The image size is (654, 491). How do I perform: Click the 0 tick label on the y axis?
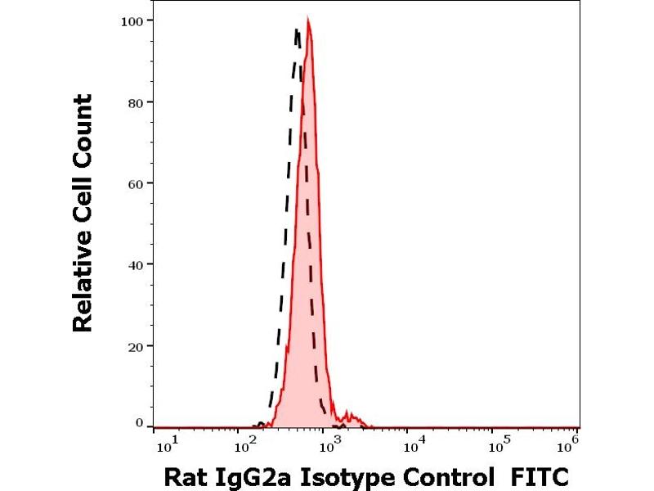[140, 423]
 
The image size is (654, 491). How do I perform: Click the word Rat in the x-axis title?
[185, 475]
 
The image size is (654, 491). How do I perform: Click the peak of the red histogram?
[307, 18]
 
